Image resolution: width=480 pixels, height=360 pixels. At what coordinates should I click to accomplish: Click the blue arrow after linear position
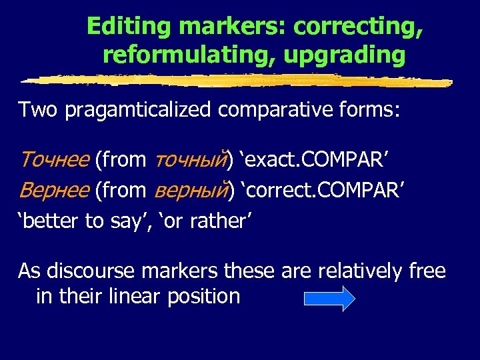pyautogui.click(x=329, y=297)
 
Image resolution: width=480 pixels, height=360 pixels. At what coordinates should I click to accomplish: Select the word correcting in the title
pyautogui.click(x=359, y=27)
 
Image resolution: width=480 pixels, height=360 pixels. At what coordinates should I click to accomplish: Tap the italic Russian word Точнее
pyautogui.click(x=54, y=159)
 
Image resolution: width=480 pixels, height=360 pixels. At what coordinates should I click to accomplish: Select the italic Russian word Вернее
pyautogui.click(x=54, y=190)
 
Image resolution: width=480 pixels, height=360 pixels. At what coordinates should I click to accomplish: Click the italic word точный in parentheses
pyautogui.click(x=189, y=159)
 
